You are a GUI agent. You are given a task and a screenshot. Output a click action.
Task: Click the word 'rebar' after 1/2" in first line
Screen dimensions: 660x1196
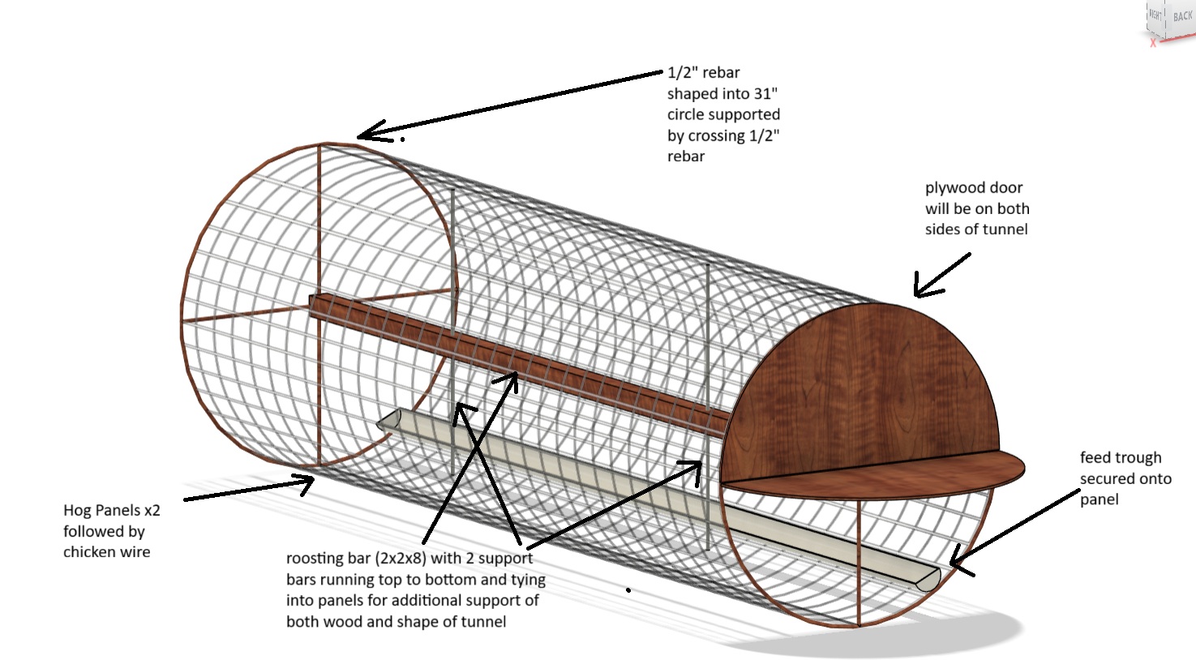click(721, 72)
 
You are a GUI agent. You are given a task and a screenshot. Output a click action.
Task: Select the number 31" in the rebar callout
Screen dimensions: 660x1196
click(763, 93)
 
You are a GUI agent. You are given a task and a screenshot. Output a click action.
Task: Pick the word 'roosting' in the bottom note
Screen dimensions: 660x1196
click(315, 558)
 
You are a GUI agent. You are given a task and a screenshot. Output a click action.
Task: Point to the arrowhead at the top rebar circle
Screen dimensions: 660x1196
click(362, 135)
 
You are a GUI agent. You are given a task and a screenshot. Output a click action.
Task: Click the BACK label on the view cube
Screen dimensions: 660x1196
click(1182, 16)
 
